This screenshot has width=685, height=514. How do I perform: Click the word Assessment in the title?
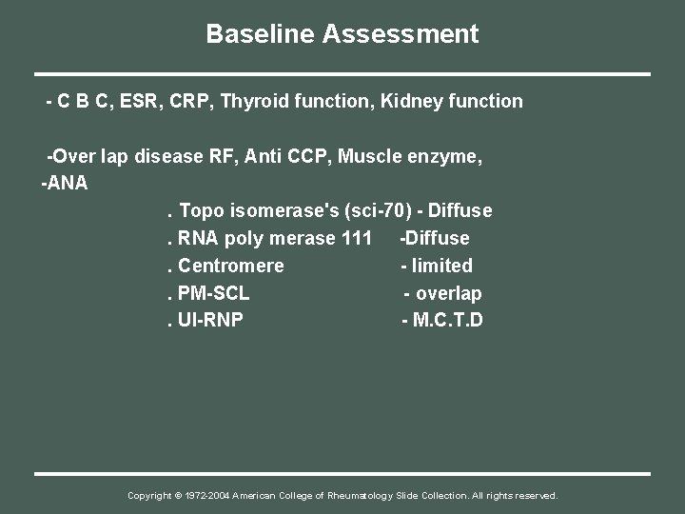click(401, 35)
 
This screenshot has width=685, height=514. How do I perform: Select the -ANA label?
click(65, 184)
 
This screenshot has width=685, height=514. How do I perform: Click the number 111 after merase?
click(356, 238)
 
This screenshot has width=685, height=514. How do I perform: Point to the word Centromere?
click(231, 266)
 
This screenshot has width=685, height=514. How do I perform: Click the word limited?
click(441, 266)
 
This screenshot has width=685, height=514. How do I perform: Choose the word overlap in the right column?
click(448, 293)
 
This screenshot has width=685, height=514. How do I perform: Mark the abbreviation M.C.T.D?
click(447, 320)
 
